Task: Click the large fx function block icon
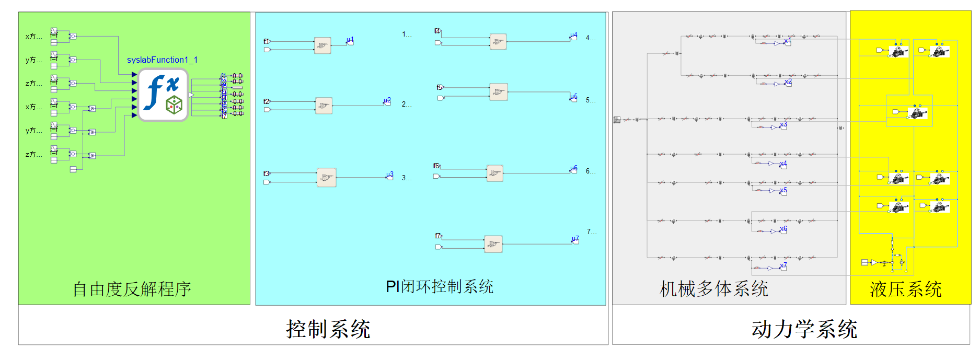click(163, 95)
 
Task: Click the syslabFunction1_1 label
click(162, 60)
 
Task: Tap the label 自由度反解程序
click(132, 289)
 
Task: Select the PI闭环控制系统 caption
click(440, 286)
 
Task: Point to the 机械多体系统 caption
click(713, 289)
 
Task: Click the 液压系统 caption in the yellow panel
click(905, 289)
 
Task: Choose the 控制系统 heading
click(328, 329)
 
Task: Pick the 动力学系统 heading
click(804, 329)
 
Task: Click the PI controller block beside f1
click(322, 45)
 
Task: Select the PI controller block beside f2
click(324, 106)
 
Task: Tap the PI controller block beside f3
click(326, 178)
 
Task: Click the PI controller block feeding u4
click(498, 41)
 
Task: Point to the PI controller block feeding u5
click(499, 92)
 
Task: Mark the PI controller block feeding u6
click(494, 173)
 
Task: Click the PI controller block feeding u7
click(493, 244)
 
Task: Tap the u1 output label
click(350, 40)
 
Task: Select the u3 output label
click(389, 175)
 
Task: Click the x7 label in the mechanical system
click(783, 266)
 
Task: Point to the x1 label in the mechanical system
click(787, 41)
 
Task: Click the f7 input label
click(438, 236)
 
